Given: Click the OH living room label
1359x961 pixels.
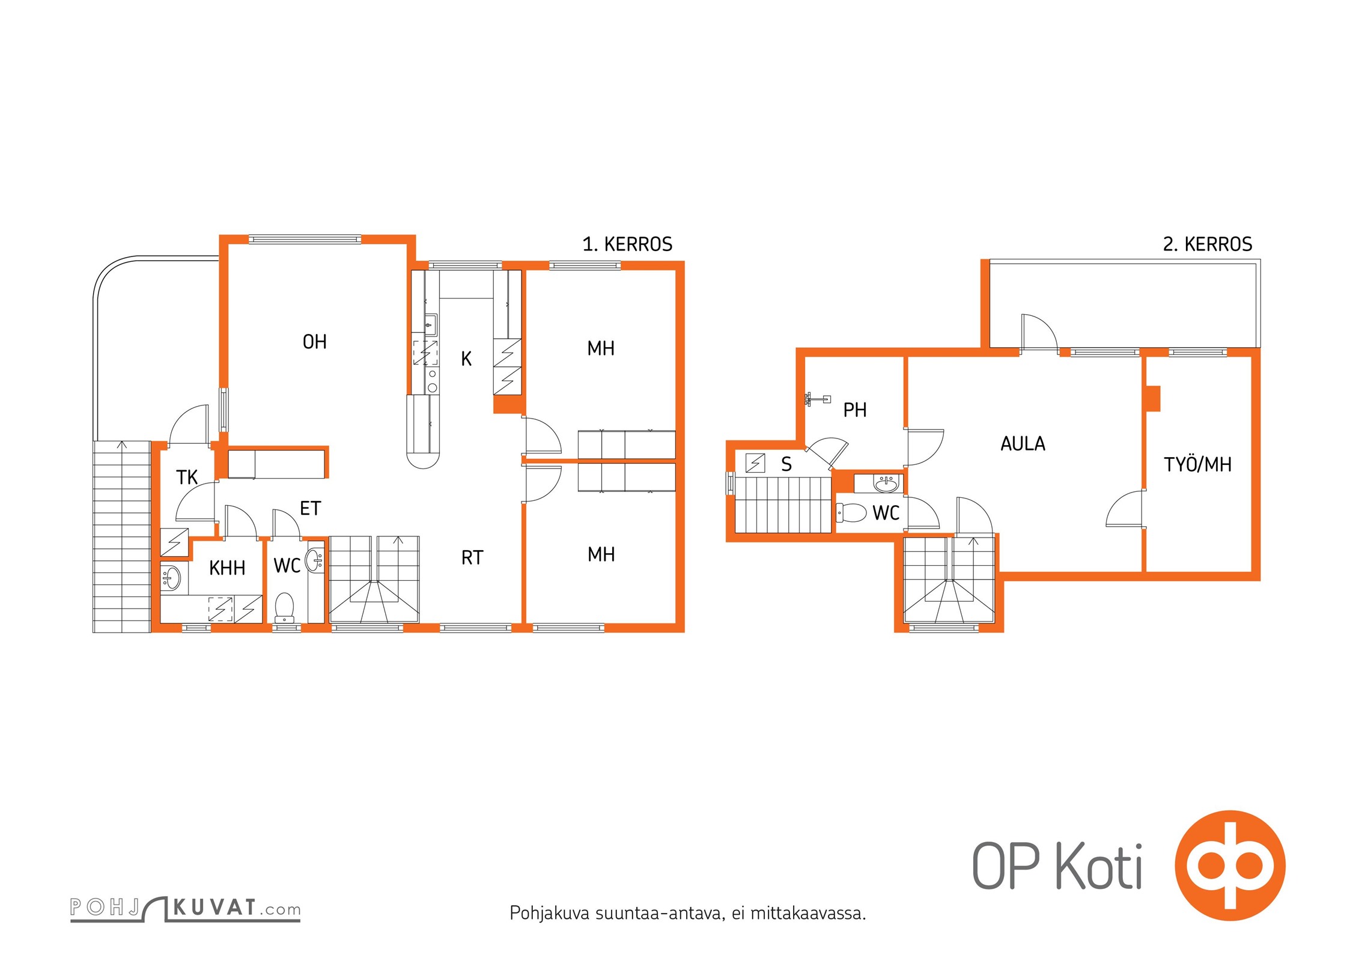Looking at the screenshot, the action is pyautogui.click(x=315, y=342).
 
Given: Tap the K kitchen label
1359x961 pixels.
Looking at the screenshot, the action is pyautogui.click(x=466, y=359).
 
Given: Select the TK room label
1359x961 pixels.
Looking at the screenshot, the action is pyautogui.click(x=187, y=477).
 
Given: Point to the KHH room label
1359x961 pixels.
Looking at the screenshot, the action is pyautogui.click(x=227, y=568).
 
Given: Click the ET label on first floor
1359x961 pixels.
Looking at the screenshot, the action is pyautogui.click(x=310, y=509).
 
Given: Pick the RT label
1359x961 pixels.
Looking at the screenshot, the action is pyautogui.click(x=472, y=558).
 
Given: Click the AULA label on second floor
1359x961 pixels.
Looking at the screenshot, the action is pyautogui.click(x=1023, y=444).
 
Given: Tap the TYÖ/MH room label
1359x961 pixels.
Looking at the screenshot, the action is pyautogui.click(x=1197, y=464).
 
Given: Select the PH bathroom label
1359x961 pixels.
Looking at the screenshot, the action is pyautogui.click(x=855, y=410).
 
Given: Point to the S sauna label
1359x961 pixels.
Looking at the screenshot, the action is pyautogui.click(x=786, y=464).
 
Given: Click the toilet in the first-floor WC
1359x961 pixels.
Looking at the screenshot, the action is pyautogui.click(x=284, y=607).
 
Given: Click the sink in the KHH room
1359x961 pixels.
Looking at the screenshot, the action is pyautogui.click(x=171, y=578).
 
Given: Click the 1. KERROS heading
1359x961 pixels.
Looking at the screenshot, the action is pyautogui.click(x=627, y=244).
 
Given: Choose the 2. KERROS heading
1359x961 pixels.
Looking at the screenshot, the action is pyautogui.click(x=1208, y=244).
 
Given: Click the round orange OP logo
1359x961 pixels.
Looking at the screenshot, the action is pyautogui.click(x=1229, y=866).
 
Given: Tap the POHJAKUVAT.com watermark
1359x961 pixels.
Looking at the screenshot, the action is pyautogui.click(x=185, y=908).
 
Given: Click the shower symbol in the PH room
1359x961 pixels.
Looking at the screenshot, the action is pyautogui.click(x=817, y=399).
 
